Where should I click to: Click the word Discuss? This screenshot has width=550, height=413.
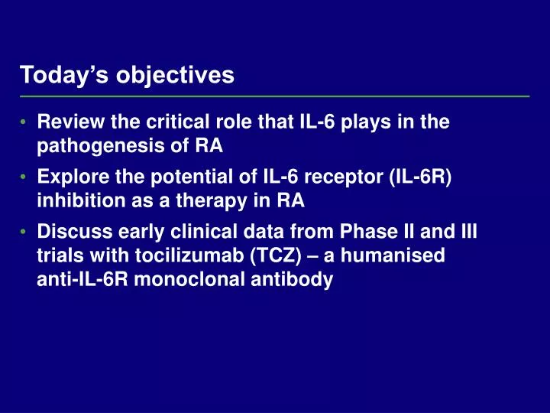click(x=70, y=231)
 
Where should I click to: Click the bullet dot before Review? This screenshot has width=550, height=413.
click(x=24, y=122)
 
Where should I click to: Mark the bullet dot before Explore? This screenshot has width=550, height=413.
click(x=24, y=177)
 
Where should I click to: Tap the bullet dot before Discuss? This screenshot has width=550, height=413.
click(x=24, y=232)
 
